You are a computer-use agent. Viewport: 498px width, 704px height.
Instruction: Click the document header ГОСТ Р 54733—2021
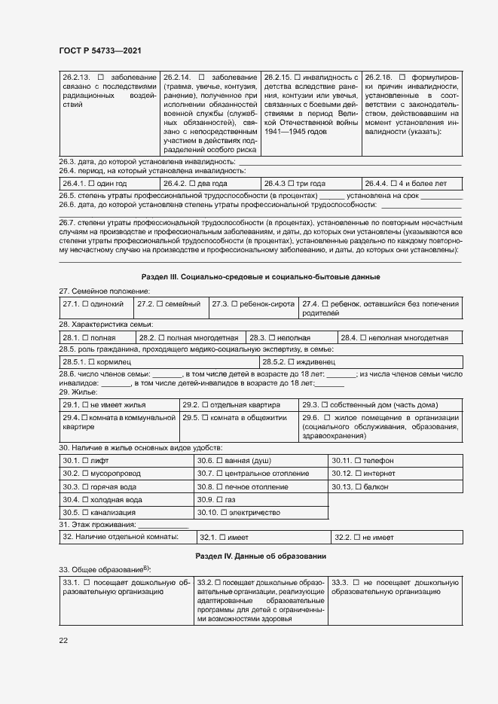coord(99,50)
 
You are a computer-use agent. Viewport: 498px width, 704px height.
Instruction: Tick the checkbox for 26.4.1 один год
coord(91,183)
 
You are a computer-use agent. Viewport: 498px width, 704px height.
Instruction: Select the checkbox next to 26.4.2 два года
coord(193,183)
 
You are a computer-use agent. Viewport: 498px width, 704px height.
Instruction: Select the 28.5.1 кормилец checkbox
coord(91,361)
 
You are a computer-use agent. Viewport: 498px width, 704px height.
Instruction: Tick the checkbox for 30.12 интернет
coord(358,473)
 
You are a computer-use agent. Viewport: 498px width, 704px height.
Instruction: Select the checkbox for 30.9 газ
coord(218,499)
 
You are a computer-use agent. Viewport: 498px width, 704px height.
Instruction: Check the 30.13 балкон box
coord(358,486)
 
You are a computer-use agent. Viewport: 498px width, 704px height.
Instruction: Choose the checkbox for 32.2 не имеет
coord(357,537)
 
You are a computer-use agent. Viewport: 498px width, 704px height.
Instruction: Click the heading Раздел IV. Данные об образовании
coord(260,555)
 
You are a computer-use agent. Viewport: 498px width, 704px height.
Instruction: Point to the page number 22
coord(63,640)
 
